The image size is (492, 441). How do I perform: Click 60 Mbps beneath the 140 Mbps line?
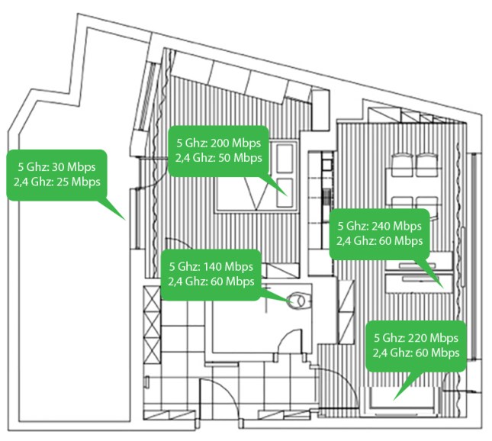point(228,282)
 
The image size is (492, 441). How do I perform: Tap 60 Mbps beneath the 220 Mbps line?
point(433,352)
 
